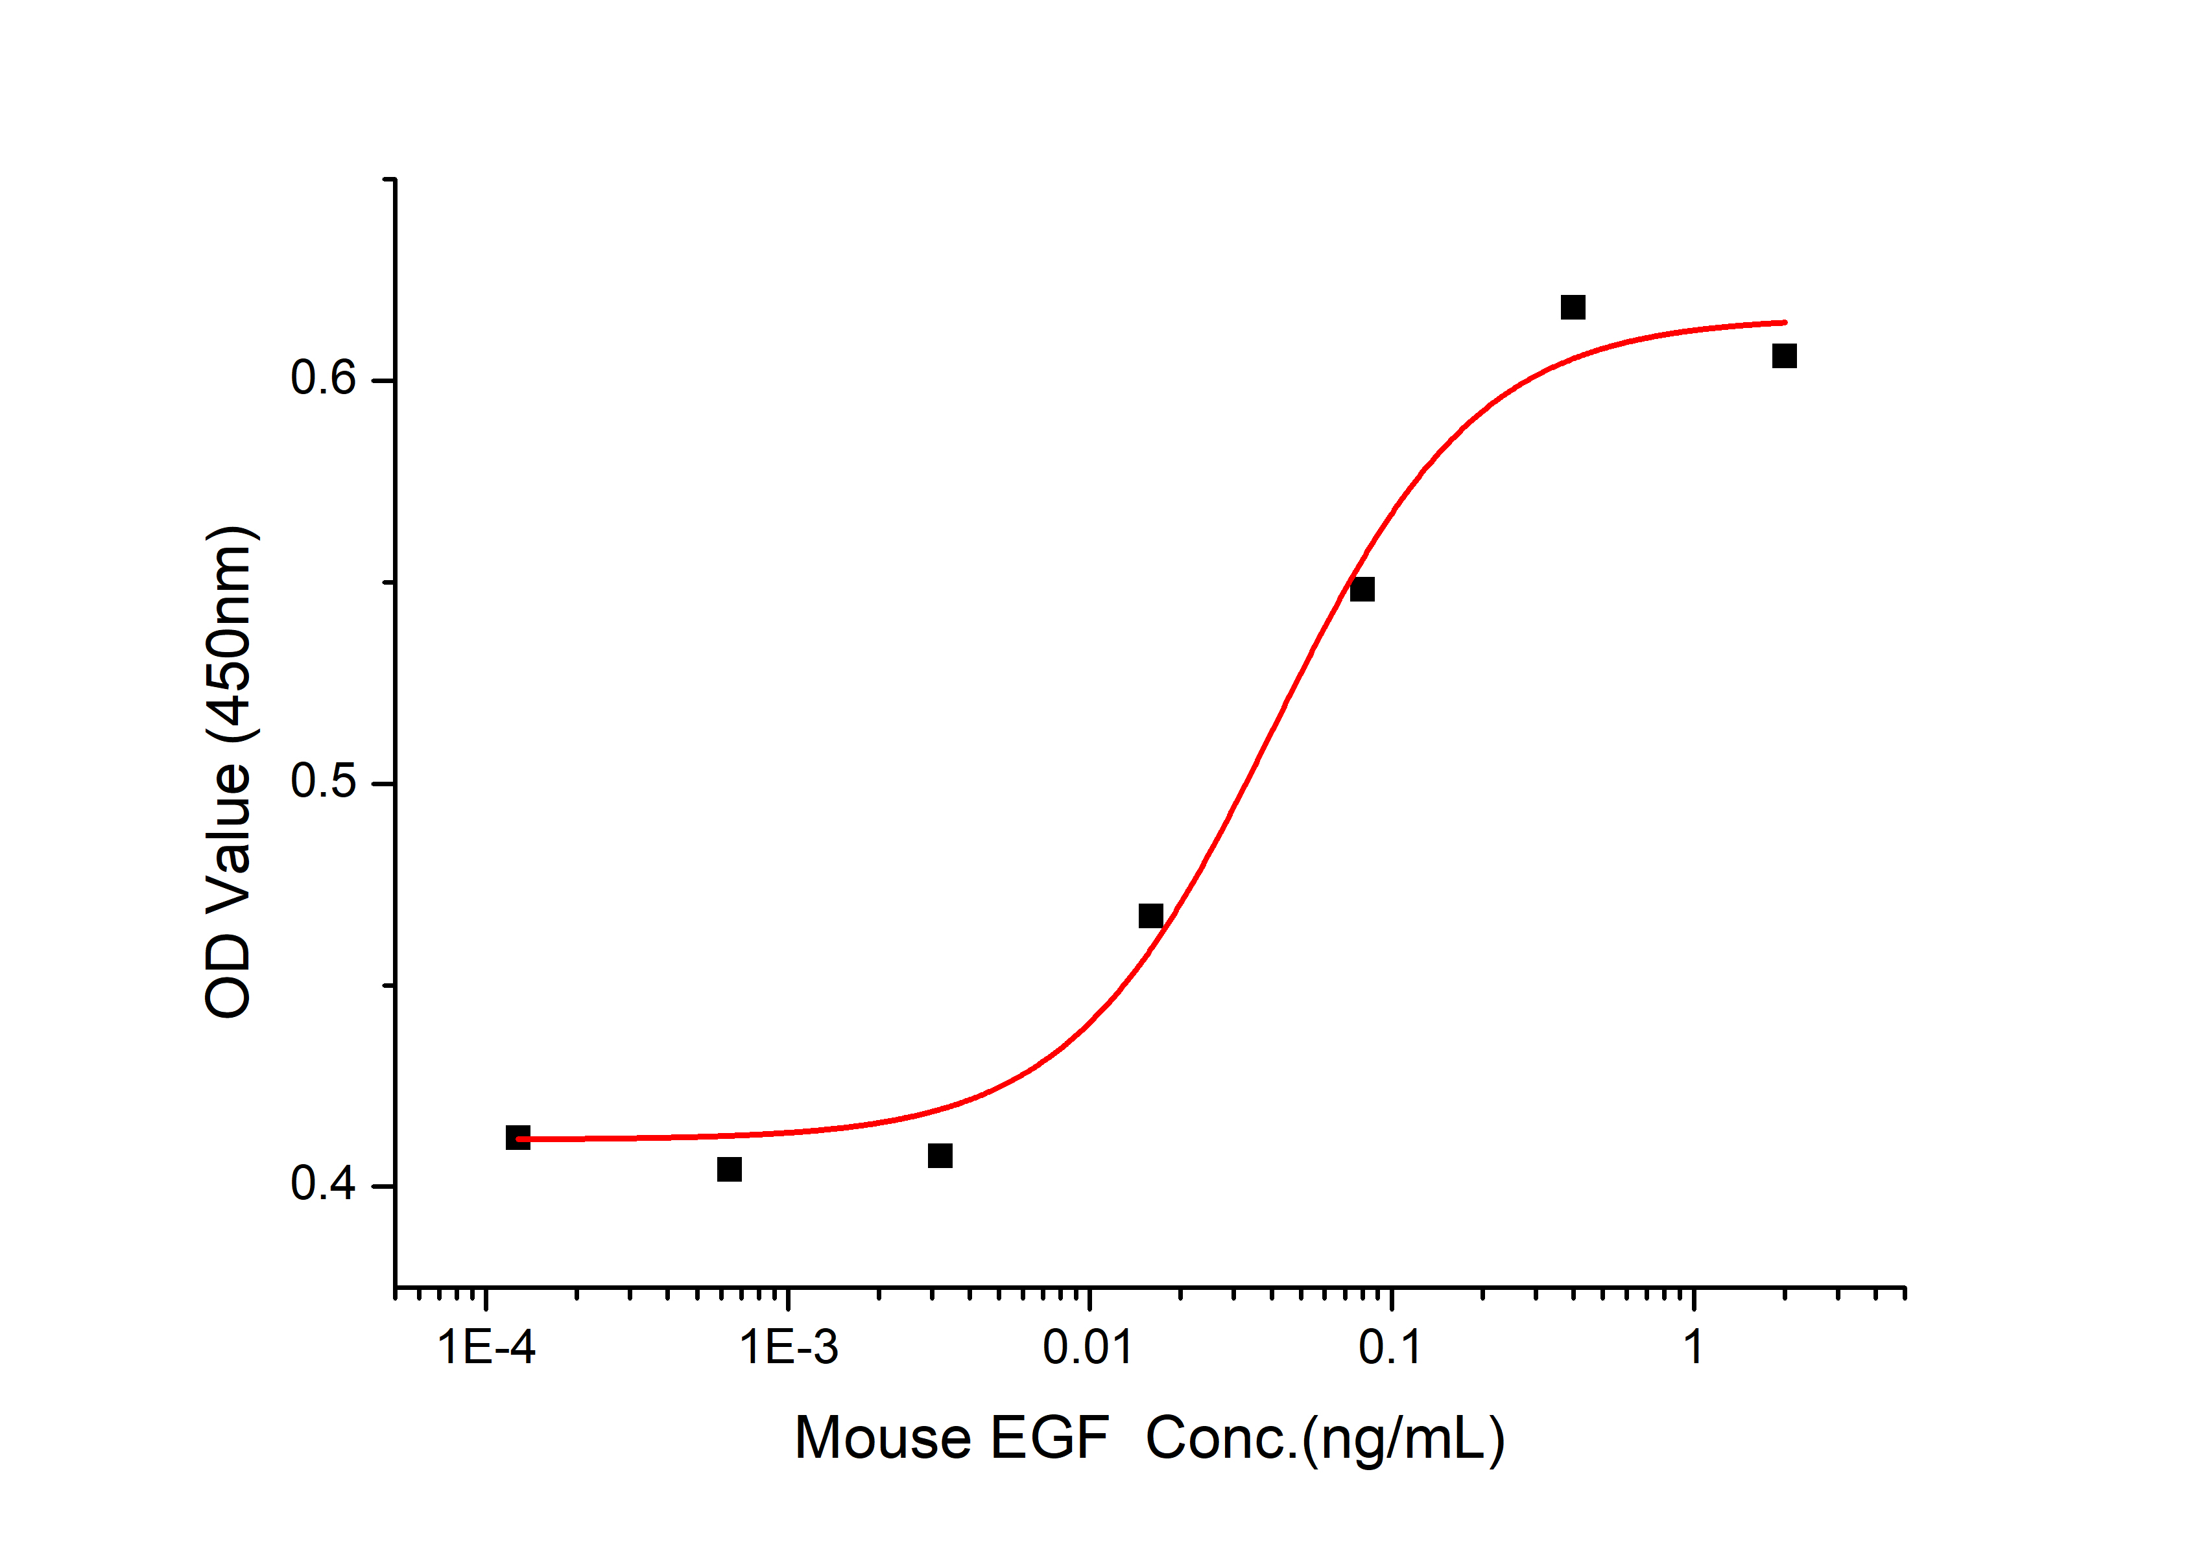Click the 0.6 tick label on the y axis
coord(324,379)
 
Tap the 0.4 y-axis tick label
coord(324,1184)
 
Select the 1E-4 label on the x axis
coord(486,1346)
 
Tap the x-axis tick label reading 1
coord(1693,1346)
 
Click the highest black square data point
coord(1573,307)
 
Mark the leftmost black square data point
coord(517,1138)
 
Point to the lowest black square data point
coord(730,1169)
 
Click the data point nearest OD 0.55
coord(1361,589)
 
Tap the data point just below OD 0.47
coord(1150,916)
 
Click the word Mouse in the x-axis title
coord(883,1439)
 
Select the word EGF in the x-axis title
coord(1049,1439)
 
